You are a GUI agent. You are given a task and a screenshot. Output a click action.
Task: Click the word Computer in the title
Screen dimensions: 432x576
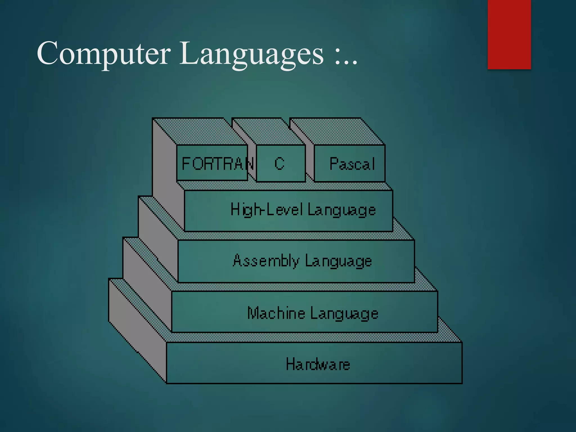(x=103, y=53)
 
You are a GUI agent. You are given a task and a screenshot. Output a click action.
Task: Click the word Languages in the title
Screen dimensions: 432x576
(x=251, y=53)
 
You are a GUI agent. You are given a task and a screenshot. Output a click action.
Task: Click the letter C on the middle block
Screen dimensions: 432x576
(x=280, y=164)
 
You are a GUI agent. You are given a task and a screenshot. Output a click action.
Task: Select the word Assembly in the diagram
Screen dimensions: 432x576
(x=266, y=261)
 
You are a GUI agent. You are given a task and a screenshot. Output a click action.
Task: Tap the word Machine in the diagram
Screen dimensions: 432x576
(x=276, y=313)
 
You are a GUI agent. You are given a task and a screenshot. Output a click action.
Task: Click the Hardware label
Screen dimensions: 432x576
(x=318, y=364)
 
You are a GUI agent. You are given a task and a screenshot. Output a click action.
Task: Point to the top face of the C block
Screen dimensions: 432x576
(x=263, y=131)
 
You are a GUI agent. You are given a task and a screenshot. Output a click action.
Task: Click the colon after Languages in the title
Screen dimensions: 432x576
(x=338, y=56)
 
